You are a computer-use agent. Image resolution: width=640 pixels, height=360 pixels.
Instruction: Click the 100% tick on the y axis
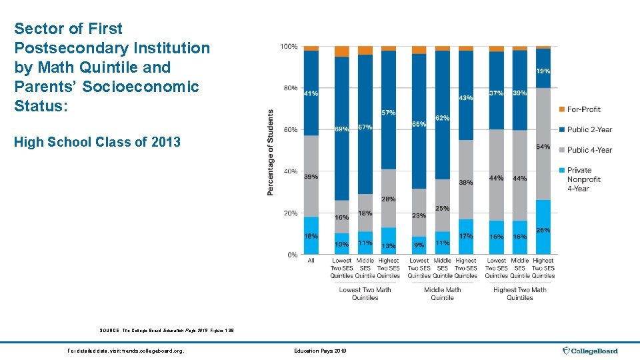[288, 47]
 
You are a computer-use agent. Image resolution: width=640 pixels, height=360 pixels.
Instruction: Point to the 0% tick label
[292, 255]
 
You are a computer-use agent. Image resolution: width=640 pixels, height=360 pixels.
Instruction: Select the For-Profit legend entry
[583, 109]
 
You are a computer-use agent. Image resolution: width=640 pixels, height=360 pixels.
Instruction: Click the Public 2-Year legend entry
[589, 129]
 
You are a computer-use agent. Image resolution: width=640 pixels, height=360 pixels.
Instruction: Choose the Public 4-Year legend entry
[589, 150]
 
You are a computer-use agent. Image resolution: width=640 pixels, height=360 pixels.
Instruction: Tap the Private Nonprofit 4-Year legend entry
[583, 179]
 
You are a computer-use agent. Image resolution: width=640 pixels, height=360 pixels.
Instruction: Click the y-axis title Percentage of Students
[271, 153]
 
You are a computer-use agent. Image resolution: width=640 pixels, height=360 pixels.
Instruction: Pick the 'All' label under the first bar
[311, 261]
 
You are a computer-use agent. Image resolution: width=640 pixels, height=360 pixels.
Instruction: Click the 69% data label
[341, 129]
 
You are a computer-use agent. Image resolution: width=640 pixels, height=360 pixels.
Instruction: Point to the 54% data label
[543, 147]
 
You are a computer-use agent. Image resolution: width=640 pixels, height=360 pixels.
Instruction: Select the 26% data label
[543, 231]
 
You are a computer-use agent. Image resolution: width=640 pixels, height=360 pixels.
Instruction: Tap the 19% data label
[543, 71]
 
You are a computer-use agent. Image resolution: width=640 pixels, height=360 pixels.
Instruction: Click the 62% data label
[442, 118]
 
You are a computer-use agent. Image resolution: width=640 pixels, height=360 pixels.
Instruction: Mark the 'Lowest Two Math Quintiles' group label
[365, 293]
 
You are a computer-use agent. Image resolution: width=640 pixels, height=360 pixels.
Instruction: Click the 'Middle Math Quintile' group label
[442, 293]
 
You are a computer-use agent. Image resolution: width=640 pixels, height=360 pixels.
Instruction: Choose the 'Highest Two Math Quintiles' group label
[519, 293]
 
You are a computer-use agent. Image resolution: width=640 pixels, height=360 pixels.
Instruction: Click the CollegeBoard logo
[590, 351]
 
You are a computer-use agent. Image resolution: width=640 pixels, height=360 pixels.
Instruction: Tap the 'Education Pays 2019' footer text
[319, 351]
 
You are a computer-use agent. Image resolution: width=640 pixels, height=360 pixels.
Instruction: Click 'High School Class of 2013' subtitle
[97, 141]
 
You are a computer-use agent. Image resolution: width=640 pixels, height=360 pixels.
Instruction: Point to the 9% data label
[419, 246]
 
